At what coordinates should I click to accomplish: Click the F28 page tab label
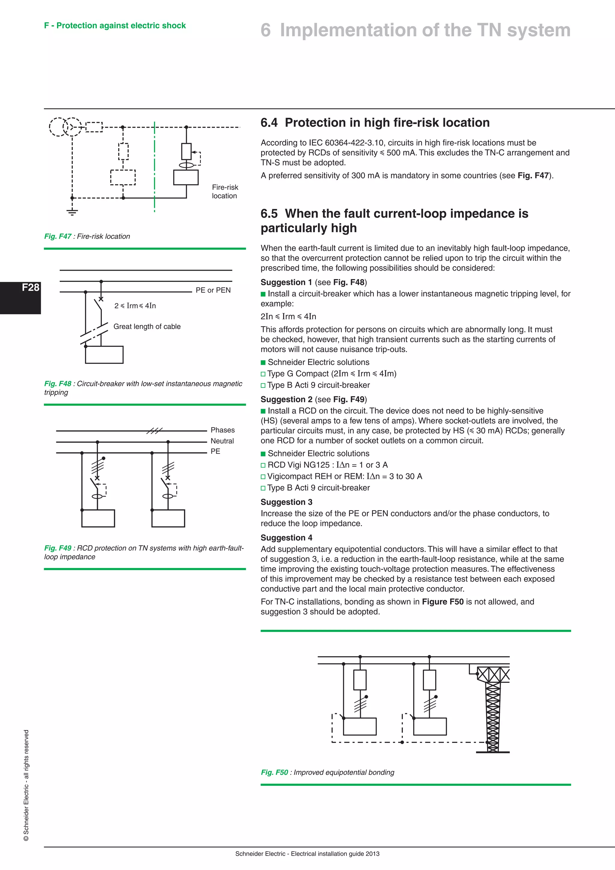tap(30, 287)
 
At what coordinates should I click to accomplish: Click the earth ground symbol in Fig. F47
tap(72, 212)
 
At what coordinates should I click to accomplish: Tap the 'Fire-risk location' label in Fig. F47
tap(225, 191)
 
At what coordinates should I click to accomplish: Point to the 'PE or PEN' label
tap(213, 290)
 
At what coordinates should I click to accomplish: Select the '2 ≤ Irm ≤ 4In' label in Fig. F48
tap(135, 306)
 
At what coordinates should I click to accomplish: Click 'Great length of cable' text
tap(147, 327)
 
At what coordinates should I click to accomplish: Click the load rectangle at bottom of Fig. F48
tap(104, 355)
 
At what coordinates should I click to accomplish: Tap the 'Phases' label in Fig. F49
tap(223, 430)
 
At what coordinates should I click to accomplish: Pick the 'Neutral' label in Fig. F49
tap(222, 441)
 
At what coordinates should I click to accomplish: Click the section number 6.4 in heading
tap(269, 123)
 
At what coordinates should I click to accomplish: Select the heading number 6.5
tap(269, 214)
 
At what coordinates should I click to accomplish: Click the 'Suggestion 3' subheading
tap(286, 502)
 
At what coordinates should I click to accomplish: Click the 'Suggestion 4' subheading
tap(286, 538)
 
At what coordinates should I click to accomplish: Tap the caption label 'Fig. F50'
tap(274, 772)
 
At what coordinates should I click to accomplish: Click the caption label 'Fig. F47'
tap(58, 236)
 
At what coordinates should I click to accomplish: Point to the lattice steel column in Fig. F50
tap(492, 716)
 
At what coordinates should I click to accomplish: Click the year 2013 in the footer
tap(373, 854)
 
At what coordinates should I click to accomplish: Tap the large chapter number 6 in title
tap(266, 30)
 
